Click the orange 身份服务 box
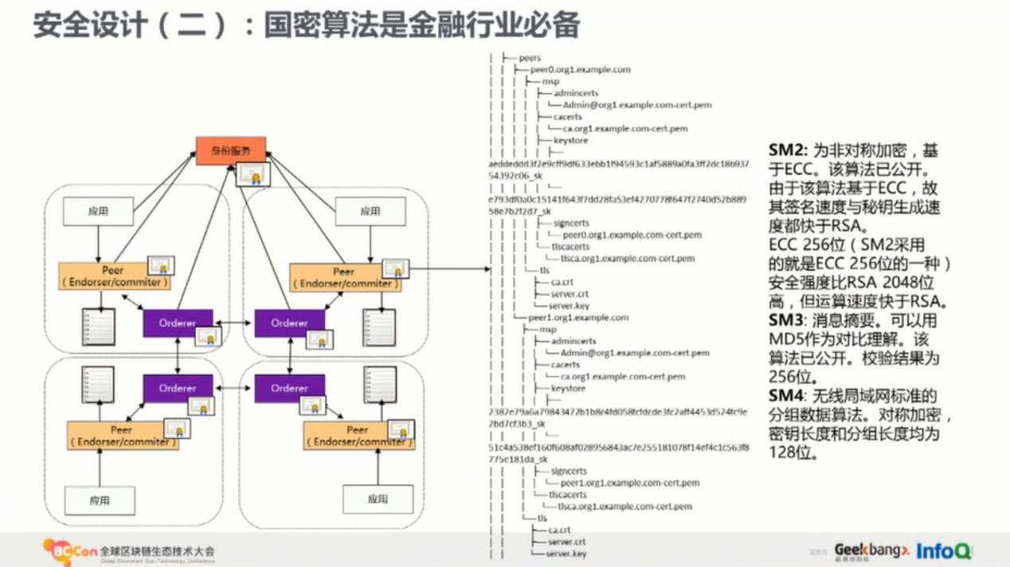pos(231,151)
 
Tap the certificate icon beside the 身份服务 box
pos(255,174)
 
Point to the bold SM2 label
pos(786,149)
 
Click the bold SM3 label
pos(786,320)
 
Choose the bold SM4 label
pos(786,396)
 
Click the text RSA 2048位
pos(882,283)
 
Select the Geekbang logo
pos(871,550)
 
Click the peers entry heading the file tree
pos(529,57)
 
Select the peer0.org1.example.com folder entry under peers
pos(580,69)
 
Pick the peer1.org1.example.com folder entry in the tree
pos(578,318)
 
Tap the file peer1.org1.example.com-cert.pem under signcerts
pos(630,483)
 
